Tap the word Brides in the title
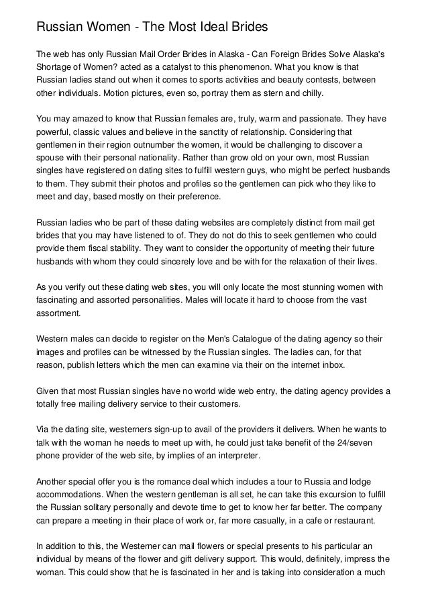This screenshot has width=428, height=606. tap(245, 28)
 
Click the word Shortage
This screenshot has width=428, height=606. tap(55, 67)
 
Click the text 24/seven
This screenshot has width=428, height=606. tap(365, 442)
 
